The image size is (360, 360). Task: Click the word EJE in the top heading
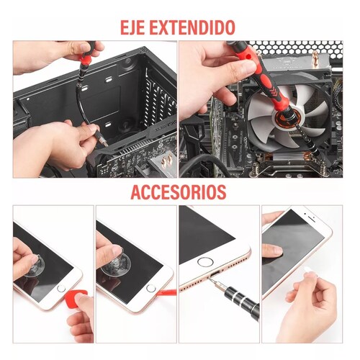[x=132, y=28]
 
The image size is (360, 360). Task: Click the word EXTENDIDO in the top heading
[x=192, y=28]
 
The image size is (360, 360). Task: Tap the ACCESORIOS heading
[x=179, y=192]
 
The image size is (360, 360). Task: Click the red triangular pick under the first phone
[x=76, y=297]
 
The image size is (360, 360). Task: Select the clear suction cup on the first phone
[x=34, y=266]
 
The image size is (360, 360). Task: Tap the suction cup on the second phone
[x=116, y=263]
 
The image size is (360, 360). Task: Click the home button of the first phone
[x=61, y=288]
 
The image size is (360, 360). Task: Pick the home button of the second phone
[x=150, y=288]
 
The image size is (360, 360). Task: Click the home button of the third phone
[x=205, y=261]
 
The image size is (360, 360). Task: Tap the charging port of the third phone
[x=215, y=273]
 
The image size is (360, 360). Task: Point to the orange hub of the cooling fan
[x=288, y=117]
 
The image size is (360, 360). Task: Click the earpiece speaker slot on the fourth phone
[x=312, y=219]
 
